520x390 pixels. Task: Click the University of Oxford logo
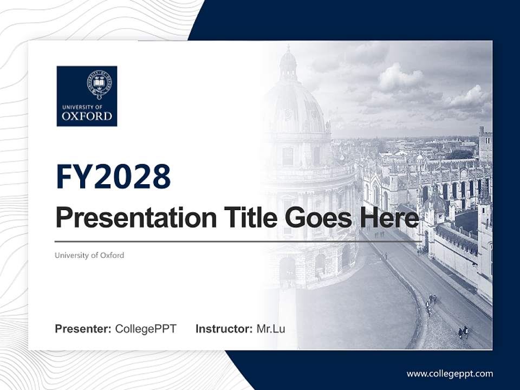pos(87,96)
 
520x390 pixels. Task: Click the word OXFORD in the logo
pos(87,116)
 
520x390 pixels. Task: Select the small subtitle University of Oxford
pos(89,255)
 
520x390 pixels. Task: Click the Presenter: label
pos(83,329)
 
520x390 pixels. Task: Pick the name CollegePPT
pos(146,329)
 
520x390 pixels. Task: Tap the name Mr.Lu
pos(271,329)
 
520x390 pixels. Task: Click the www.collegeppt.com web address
pos(450,374)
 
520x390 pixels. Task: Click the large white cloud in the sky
pos(401,79)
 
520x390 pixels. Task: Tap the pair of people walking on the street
pos(463,332)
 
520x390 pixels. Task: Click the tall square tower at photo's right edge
pos(485,144)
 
